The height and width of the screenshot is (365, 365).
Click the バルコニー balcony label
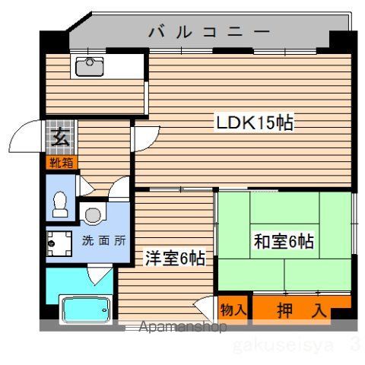[209, 32]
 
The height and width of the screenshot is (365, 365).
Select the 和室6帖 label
[284, 241]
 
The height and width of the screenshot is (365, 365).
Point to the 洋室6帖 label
[175, 258]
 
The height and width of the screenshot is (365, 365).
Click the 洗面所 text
[104, 240]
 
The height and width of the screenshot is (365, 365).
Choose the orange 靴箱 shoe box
[62, 162]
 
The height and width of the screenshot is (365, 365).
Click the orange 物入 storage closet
[233, 309]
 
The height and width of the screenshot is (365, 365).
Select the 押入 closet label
[302, 310]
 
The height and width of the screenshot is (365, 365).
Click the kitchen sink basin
[90, 67]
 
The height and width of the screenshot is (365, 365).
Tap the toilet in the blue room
[60, 204]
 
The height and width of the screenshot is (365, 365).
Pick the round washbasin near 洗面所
[93, 215]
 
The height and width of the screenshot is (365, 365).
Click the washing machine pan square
[59, 243]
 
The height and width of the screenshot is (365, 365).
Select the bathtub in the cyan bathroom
[87, 309]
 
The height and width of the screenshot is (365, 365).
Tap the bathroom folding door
[100, 274]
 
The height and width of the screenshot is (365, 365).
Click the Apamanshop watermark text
[182, 327]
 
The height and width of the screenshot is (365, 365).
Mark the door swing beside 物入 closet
[204, 308]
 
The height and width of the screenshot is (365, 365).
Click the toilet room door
[85, 186]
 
